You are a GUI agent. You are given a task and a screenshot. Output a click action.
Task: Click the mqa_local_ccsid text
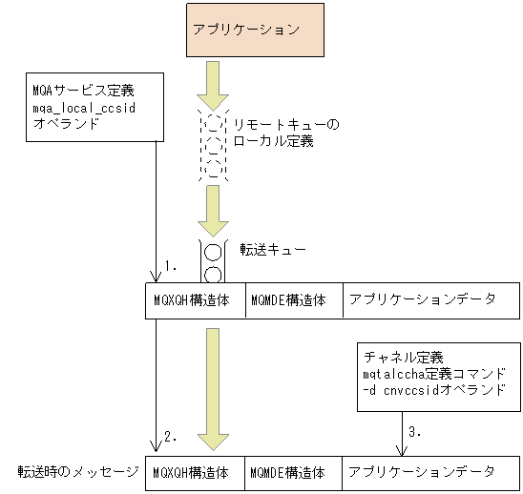coord(84,107)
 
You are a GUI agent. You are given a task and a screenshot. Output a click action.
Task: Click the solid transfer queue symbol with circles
coord(213,261)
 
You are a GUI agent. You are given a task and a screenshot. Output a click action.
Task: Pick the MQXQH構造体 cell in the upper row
coord(195,299)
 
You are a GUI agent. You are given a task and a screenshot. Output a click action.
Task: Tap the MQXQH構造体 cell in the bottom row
coord(195,472)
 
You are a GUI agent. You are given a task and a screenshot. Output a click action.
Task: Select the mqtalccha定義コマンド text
coord(433,374)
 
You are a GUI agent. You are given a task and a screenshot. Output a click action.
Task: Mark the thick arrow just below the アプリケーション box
coord(213,87)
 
